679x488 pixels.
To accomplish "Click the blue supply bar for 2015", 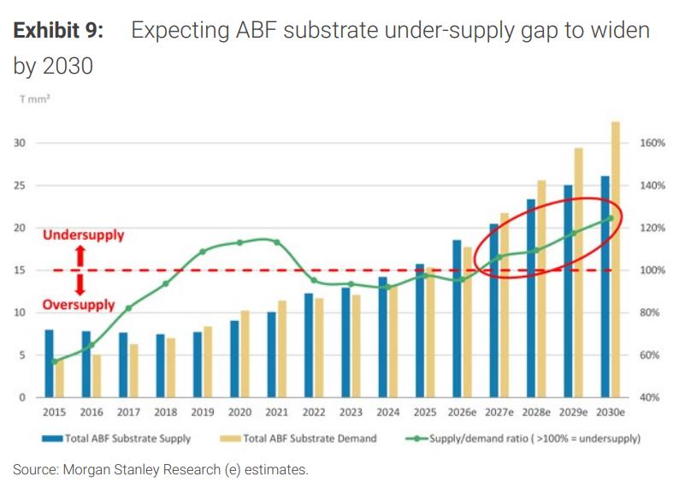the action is coord(49,364).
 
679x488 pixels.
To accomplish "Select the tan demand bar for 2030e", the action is coord(616,259).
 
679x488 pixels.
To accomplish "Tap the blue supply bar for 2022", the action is coord(309,345).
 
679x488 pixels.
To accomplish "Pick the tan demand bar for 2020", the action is coord(245,354).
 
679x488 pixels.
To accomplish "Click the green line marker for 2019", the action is coord(203,252).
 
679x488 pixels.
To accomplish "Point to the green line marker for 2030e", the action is coord(611,218).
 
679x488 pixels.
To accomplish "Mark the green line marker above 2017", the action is coord(128,308).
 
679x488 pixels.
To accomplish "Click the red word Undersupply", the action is coord(84,235).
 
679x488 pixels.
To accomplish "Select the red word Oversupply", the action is coord(79,305).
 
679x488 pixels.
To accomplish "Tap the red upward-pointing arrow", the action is coord(80,256).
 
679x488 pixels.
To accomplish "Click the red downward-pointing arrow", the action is coord(80,284).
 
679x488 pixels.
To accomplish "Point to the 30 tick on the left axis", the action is coord(20,143).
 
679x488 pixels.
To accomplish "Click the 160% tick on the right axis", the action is coord(652,143).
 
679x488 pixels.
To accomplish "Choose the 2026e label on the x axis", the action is coord(462,412).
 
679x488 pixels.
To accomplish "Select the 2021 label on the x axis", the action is coord(277,412).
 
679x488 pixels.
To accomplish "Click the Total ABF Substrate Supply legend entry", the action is coord(116,438).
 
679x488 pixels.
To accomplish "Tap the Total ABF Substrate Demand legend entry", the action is coord(298,438).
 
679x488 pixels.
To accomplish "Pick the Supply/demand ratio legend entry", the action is coord(523,438).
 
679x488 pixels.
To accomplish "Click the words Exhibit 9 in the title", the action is coord(58,31).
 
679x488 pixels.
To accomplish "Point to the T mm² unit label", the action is coord(35,99).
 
